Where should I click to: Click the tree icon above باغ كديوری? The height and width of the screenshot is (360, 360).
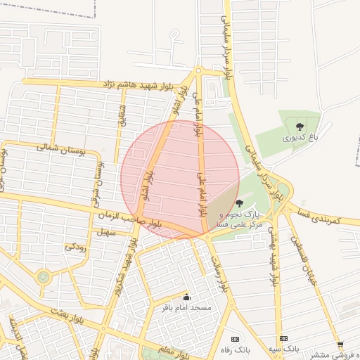[300, 126]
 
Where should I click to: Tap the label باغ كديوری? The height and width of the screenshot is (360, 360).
[301, 138]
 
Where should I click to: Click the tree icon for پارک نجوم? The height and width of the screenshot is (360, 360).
[240, 203]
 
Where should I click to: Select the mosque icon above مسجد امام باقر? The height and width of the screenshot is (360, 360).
[186, 297]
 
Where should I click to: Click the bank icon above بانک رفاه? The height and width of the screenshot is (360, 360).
[235, 339]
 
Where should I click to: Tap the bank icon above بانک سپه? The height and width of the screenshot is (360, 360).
[283, 339]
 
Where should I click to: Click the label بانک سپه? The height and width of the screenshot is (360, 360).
[283, 349]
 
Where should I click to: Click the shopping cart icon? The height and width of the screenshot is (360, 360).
[340, 345]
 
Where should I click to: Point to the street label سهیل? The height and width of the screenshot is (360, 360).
[105, 231]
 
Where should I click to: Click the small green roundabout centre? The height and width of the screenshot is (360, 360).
[44, 276]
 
